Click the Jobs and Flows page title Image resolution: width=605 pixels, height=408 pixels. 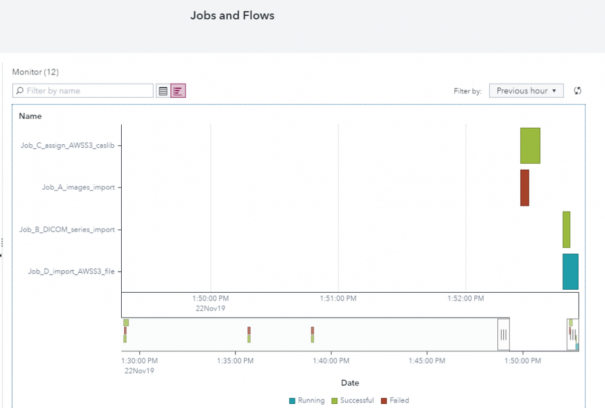click(x=232, y=16)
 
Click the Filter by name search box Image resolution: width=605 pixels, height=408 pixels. click(x=83, y=91)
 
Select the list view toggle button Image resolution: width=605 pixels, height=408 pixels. click(x=163, y=91)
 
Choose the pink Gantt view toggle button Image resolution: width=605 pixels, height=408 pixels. click(x=178, y=91)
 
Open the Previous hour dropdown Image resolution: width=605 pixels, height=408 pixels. click(x=526, y=91)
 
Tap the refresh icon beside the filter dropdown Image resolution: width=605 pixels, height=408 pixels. click(x=578, y=91)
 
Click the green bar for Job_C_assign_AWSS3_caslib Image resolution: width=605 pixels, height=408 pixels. click(x=530, y=145)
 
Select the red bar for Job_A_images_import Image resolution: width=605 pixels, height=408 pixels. click(x=524, y=187)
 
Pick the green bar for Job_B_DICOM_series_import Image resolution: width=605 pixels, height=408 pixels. click(x=566, y=229)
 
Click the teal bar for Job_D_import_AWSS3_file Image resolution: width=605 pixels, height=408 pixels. click(x=570, y=271)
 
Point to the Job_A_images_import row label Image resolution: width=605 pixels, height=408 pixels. click(x=78, y=187)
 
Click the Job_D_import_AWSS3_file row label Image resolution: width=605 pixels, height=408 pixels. click(x=71, y=272)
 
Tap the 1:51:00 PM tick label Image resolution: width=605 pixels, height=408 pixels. click(x=338, y=299)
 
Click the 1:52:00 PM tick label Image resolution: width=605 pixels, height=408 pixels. click(x=466, y=299)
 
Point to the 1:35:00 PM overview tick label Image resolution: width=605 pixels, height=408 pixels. click(x=236, y=360)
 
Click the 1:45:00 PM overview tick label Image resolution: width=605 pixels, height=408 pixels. click(x=427, y=360)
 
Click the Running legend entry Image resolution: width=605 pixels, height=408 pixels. click(x=307, y=401)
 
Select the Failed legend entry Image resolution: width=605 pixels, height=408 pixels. click(x=395, y=401)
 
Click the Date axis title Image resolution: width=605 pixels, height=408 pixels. click(x=350, y=383)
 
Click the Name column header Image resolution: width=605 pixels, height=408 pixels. click(x=30, y=116)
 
